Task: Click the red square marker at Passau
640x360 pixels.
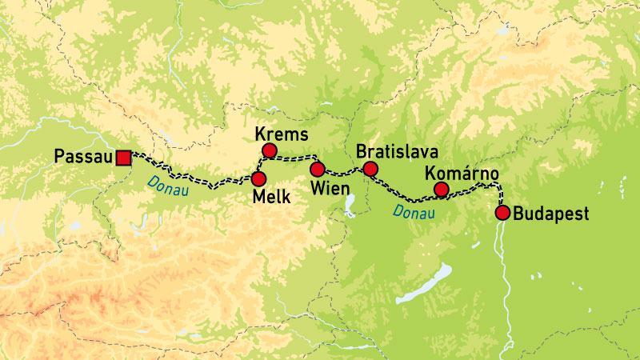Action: coord(123,158)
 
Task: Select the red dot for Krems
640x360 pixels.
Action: coord(269,150)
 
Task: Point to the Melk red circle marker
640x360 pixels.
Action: coord(258,178)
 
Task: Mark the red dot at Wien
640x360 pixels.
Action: coord(318,169)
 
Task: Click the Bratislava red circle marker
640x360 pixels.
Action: coord(370,168)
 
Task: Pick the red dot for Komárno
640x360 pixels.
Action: coord(440,190)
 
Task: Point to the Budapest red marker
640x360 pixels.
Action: coord(502,213)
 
